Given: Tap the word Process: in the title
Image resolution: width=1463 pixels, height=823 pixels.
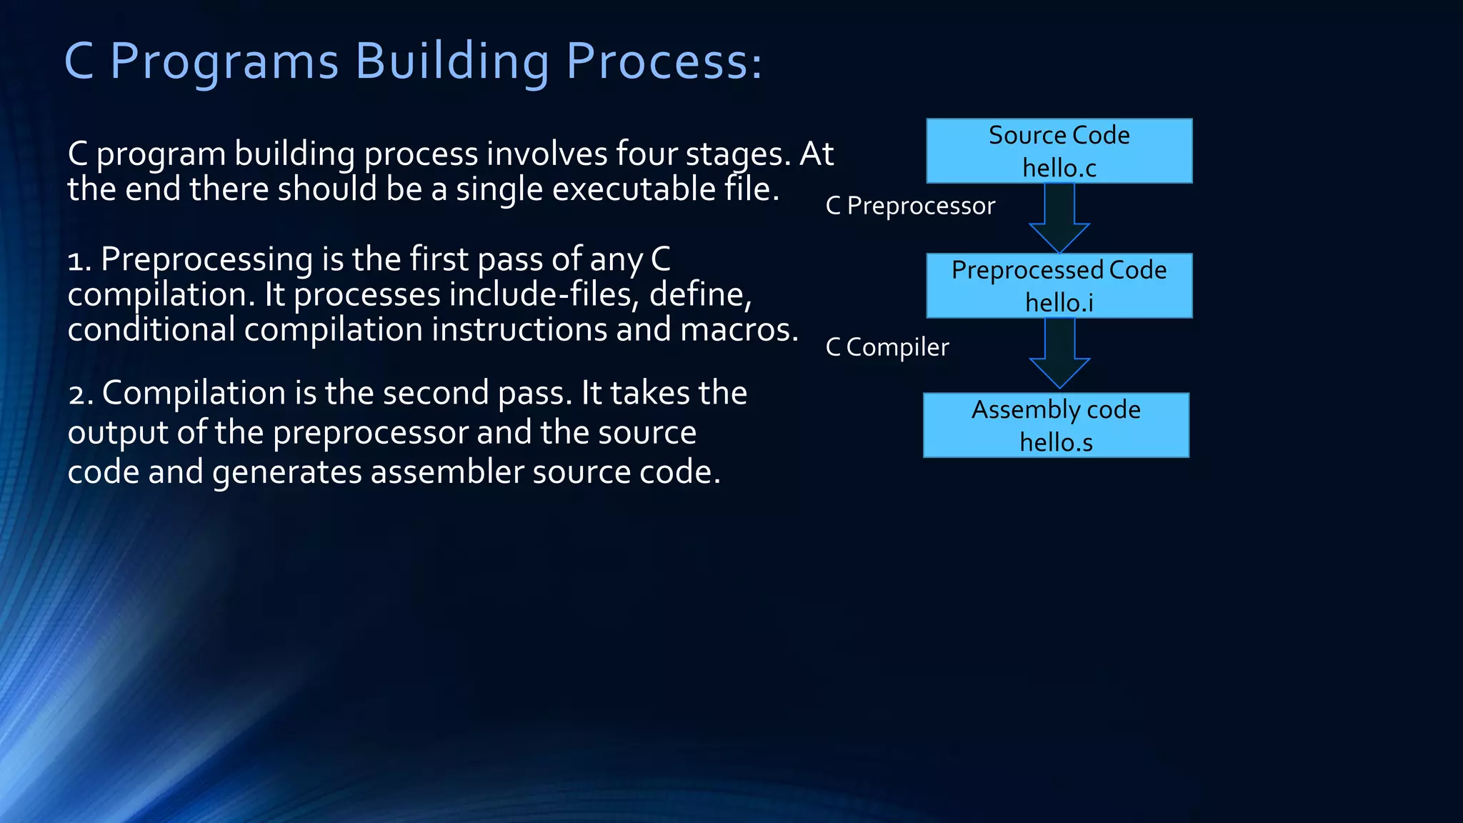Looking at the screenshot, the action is click(x=664, y=61).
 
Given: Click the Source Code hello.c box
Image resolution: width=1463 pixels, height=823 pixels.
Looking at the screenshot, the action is click(x=1059, y=151).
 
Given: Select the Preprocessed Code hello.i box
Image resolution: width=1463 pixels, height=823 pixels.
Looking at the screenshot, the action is click(x=1059, y=286).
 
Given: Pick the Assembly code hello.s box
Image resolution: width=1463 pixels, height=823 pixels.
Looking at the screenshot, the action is click(x=1056, y=425).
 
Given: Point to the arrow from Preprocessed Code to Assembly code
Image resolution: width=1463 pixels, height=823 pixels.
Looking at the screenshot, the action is click(x=1059, y=352).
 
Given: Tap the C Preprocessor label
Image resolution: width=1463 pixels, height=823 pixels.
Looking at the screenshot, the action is click(x=910, y=206).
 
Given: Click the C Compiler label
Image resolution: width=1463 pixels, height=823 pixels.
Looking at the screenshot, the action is click(x=887, y=347).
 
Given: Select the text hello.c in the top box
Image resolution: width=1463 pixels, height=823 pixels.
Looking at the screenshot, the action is click(x=1059, y=168).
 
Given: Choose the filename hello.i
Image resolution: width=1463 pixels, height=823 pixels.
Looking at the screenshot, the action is click(x=1059, y=303).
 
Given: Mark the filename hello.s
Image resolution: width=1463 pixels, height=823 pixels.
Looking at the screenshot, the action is click(x=1056, y=442).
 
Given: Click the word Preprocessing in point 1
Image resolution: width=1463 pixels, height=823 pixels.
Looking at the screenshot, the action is click(x=207, y=259).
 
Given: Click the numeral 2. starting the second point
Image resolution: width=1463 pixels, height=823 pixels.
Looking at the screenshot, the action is click(x=81, y=394).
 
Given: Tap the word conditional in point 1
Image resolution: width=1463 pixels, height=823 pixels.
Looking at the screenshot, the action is click(x=151, y=329).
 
